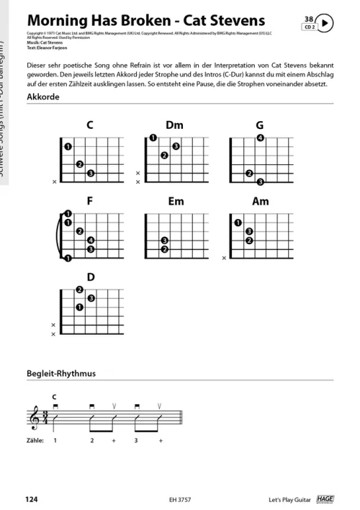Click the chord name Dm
(174, 125)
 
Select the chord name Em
(176, 202)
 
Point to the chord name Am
(260, 202)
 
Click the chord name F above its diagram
(90, 202)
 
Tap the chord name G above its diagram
(259, 125)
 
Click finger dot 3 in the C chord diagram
(90, 174)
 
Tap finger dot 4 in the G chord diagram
(260, 138)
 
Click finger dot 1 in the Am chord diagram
(237, 223)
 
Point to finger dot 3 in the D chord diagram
(91, 298)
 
